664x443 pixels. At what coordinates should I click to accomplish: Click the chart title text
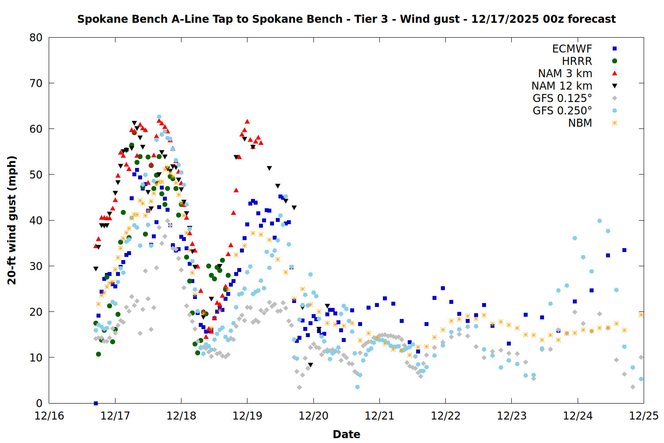coord(346,19)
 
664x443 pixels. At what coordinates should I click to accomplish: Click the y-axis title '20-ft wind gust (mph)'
coord(12,220)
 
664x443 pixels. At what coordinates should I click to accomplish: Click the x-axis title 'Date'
coord(346,434)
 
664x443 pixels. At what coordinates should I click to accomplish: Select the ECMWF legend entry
coord(572,49)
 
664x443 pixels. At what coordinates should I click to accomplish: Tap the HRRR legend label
coord(577,61)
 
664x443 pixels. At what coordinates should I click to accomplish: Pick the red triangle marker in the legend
coord(614,74)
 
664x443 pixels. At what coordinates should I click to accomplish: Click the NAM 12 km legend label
coord(562,86)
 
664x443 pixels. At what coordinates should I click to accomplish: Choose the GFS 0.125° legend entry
coord(562,98)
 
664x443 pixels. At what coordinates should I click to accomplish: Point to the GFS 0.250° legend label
coord(562,111)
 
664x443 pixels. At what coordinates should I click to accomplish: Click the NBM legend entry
coord(580,123)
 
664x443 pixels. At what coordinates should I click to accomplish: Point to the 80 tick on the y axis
coord(36,38)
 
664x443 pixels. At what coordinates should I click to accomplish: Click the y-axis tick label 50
coord(36,175)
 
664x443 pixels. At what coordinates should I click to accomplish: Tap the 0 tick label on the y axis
coord(39,403)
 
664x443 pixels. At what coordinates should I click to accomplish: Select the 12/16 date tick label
coord(49,416)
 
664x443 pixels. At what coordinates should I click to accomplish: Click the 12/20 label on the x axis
coord(313,416)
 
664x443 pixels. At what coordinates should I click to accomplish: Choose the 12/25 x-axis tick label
coord(644,416)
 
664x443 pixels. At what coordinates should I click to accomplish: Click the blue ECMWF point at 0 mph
coord(96,403)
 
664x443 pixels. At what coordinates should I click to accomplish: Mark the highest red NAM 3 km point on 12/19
coord(247,121)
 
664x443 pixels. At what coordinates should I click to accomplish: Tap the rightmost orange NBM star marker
coord(641,315)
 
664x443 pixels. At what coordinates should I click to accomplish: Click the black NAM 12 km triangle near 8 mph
coord(310,365)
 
